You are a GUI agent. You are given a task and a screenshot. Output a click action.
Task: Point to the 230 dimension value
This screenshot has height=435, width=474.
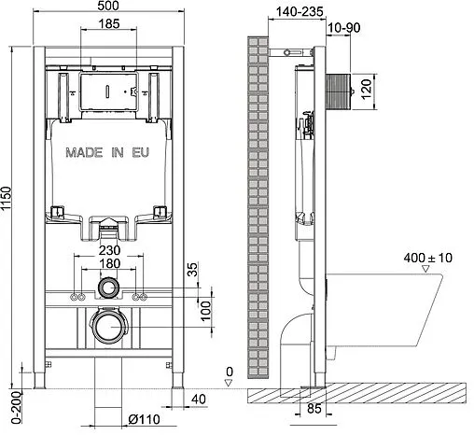[x=110, y=250]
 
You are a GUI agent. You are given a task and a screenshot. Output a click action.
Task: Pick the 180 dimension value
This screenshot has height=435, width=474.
[x=110, y=265]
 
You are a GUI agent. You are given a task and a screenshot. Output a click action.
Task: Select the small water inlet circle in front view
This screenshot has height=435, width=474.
[x=110, y=288]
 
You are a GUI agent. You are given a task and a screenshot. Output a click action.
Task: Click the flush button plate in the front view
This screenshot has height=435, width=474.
[x=110, y=91]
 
